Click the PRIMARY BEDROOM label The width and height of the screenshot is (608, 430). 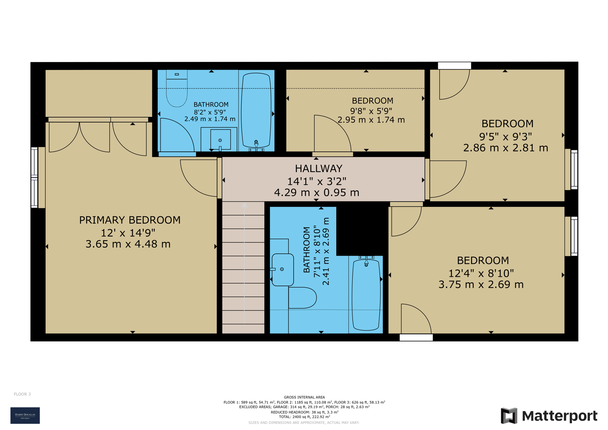coord(130,220)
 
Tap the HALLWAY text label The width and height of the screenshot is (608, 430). coord(318,168)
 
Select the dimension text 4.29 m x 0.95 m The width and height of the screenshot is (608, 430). coord(317,193)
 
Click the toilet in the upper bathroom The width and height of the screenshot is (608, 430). coord(177,89)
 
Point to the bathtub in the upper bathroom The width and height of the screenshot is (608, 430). coord(256,110)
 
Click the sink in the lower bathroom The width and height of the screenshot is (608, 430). coord(283,270)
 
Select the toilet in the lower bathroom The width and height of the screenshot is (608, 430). coord(302,298)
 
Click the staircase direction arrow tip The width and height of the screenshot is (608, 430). coord(244,205)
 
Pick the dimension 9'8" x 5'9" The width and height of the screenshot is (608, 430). coord(371,111)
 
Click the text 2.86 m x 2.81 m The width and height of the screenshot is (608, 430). coord(505,148)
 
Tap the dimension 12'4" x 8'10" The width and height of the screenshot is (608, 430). coord(481,273)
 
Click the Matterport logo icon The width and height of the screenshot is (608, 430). coord(509,416)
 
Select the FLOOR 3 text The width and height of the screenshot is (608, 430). coord(22,394)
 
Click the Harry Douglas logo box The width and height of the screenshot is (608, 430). coord(25,416)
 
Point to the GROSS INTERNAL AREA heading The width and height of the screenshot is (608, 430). coord(304,397)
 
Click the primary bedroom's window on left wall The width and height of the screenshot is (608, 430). coord(34,178)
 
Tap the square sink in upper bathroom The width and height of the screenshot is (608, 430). coord(220,140)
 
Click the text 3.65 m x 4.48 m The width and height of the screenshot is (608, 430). coord(128,244)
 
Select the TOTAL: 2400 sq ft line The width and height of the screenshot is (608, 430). coord(304,417)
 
